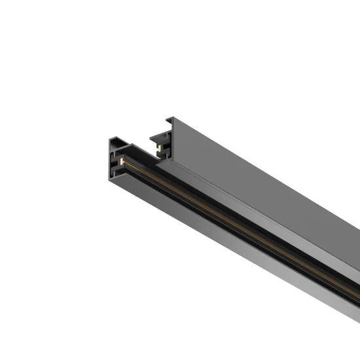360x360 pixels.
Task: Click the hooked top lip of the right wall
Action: click(171, 120)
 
